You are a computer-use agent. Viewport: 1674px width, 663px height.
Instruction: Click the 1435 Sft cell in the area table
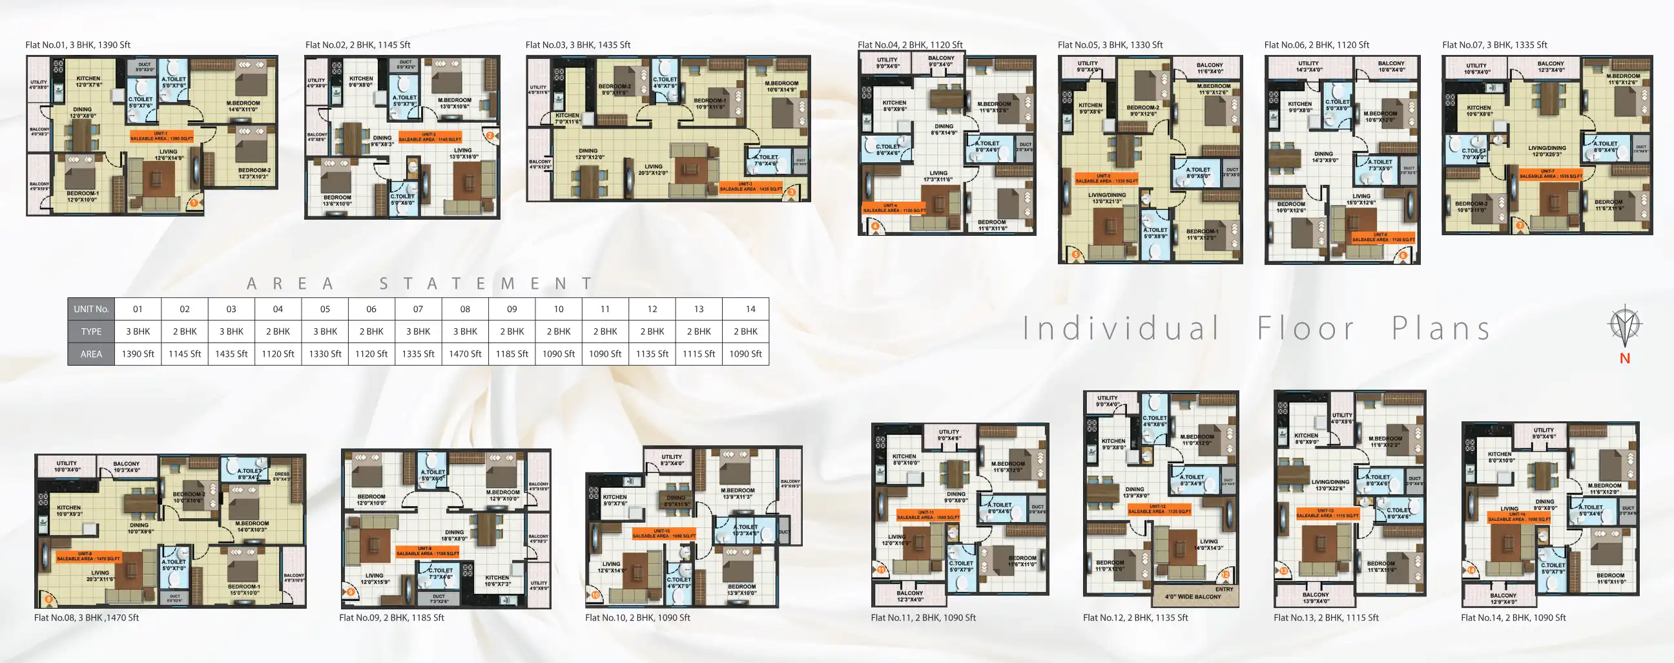click(x=231, y=353)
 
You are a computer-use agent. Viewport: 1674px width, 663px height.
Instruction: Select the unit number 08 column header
click(x=464, y=309)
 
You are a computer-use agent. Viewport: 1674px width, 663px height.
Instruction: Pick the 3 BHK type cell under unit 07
click(x=418, y=331)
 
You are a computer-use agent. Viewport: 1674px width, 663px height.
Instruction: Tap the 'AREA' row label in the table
click(x=91, y=353)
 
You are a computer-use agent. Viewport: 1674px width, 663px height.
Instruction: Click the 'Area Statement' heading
click(x=420, y=284)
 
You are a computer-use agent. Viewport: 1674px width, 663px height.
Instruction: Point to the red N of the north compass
click(x=1625, y=358)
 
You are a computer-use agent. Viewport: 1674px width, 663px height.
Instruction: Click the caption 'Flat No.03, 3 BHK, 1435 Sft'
click(x=578, y=45)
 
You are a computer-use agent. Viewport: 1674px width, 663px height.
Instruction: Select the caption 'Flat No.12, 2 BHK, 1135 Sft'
click(x=1135, y=618)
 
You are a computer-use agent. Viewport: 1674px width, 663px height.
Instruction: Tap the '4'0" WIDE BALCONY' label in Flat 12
click(x=1192, y=596)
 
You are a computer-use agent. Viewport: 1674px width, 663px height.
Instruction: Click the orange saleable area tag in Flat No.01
click(x=161, y=136)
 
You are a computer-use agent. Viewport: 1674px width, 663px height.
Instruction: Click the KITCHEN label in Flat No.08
click(x=68, y=510)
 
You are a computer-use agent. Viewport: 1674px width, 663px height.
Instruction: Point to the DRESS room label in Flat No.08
click(x=282, y=476)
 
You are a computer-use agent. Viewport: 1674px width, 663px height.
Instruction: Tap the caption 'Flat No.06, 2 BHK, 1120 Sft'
click(x=1316, y=45)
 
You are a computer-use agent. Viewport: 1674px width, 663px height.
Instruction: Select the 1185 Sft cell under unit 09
click(x=512, y=353)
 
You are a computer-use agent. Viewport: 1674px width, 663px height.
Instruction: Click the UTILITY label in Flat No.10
click(x=671, y=459)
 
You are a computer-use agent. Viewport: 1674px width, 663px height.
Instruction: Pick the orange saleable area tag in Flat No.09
click(x=427, y=551)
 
